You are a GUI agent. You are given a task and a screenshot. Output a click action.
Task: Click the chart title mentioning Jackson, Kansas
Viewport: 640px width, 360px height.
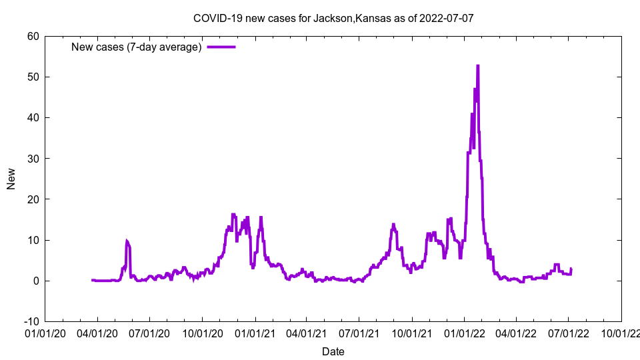tap(333, 18)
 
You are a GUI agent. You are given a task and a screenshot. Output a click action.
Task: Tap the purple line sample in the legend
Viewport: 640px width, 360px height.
tap(221, 47)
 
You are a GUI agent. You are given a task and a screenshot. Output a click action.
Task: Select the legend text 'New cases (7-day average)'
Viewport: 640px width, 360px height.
tap(137, 47)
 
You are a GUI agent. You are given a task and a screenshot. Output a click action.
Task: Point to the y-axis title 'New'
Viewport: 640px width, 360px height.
tap(11, 179)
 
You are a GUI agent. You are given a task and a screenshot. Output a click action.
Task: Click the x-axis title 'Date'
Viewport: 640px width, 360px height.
tap(333, 351)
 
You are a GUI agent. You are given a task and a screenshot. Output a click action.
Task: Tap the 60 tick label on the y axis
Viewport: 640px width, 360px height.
tap(33, 36)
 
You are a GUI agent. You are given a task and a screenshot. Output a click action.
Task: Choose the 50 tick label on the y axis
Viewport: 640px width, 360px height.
tap(33, 77)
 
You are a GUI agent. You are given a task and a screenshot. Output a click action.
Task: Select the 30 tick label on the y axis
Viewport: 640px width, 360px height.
tap(33, 158)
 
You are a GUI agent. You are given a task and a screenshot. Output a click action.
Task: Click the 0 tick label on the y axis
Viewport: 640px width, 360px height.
tap(35, 281)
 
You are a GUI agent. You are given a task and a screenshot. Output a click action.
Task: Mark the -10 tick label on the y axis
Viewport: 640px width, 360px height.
tap(31, 321)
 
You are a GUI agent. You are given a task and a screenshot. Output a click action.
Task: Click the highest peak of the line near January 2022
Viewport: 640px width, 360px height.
tap(478, 66)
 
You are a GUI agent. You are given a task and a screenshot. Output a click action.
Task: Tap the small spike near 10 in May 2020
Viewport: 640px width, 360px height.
tap(127, 241)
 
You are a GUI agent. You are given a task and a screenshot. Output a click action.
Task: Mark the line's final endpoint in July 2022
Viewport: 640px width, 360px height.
tap(571, 269)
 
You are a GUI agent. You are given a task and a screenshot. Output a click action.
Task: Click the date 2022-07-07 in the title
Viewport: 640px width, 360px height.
tap(447, 18)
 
